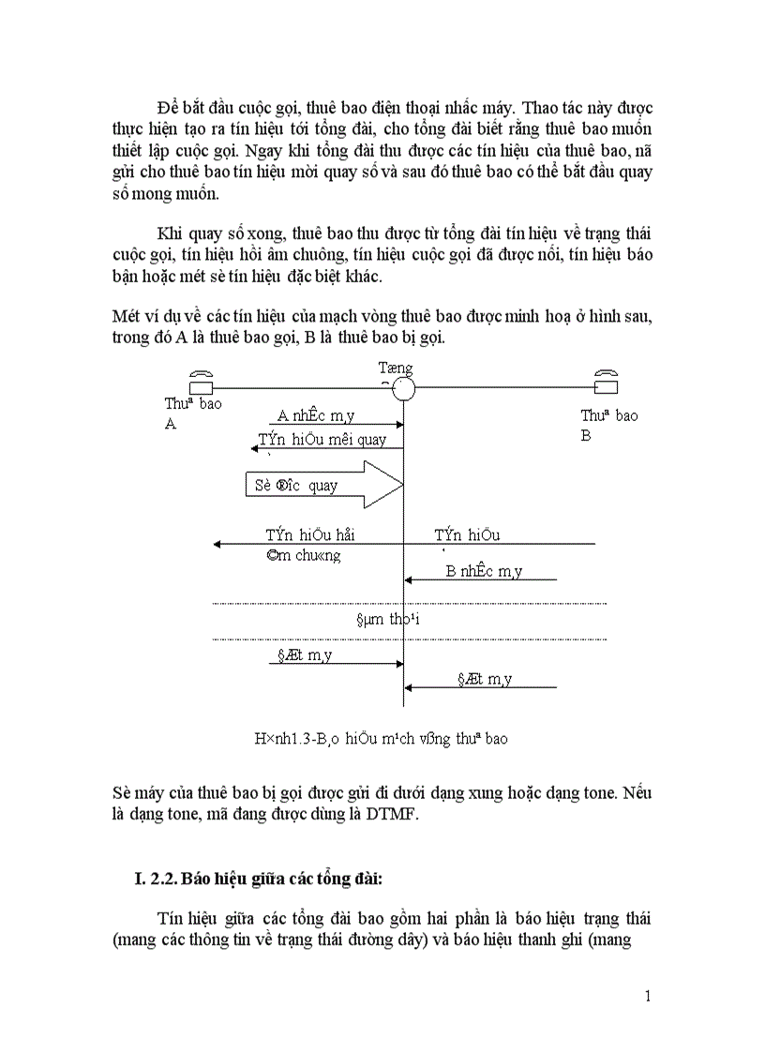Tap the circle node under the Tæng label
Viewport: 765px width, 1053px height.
coord(403,387)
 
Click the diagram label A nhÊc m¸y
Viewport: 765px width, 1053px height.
coord(316,416)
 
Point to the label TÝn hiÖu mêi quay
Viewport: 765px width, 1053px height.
coord(322,439)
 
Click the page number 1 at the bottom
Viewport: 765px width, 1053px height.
coord(648,996)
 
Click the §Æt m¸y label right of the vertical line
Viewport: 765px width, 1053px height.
coord(484,679)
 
